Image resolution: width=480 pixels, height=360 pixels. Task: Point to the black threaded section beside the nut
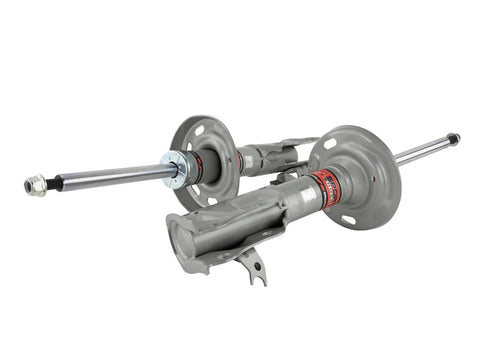[x=56, y=182]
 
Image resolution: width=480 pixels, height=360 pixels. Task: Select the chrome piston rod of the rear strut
[x=110, y=175]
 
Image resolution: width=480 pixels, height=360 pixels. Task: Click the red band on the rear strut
[x=197, y=165]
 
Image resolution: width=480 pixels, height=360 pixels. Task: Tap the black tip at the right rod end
[x=453, y=138]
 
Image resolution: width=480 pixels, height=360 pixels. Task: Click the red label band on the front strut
[x=322, y=185]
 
